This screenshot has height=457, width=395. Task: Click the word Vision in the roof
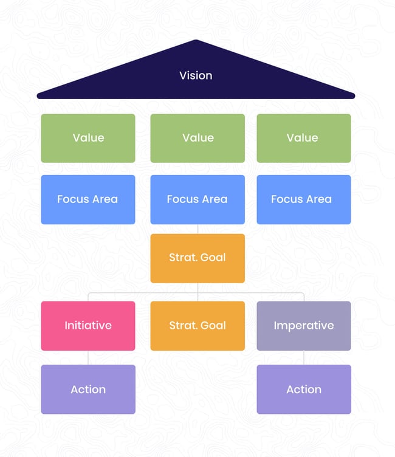point(196,76)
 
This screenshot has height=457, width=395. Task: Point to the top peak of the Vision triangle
point(196,42)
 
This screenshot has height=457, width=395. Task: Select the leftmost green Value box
point(88,138)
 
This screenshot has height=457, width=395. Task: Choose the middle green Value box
point(197,138)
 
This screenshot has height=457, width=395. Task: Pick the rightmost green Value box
point(303,138)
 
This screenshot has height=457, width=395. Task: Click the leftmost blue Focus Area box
point(88,199)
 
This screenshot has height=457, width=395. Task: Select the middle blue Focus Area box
point(197,199)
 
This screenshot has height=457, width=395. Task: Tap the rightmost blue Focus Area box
point(303,199)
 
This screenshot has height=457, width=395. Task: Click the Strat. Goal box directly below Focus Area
point(197,258)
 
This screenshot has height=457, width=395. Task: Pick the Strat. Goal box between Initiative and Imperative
point(197,326)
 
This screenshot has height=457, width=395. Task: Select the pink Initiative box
point(88,326)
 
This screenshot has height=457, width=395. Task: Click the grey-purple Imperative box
point(303,326)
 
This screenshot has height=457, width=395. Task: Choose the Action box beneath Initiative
point(88,390)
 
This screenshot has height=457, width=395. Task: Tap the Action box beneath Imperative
point(303,390)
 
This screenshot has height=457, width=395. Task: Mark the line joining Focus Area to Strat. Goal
point(197,229)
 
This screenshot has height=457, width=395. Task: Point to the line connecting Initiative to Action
point(88,357)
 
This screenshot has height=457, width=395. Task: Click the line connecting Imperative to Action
point(304,357)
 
